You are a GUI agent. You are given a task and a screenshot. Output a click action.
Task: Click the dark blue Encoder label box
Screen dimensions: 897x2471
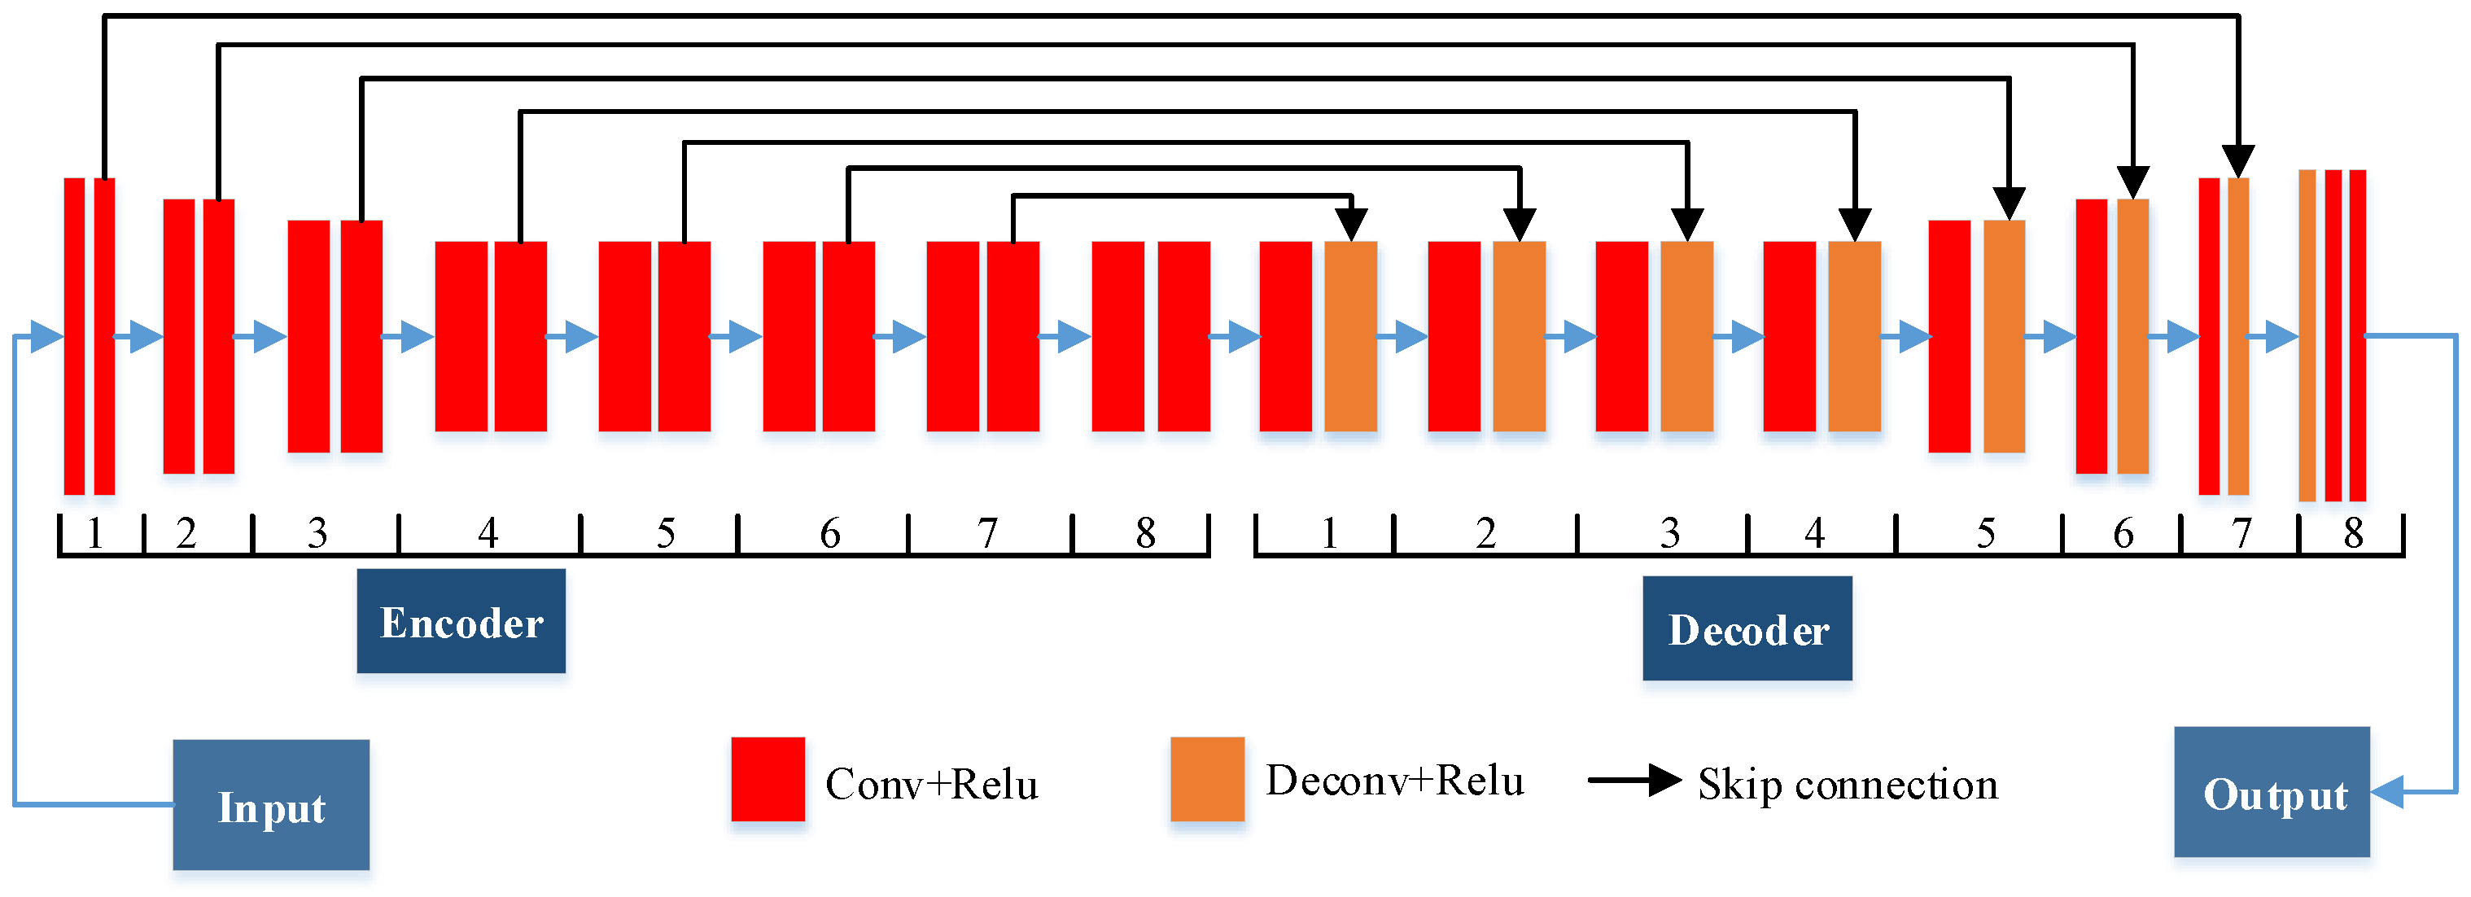[x=461, y=621]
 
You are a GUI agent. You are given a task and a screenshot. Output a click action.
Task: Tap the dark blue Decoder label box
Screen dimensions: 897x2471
[x=1747, y=628]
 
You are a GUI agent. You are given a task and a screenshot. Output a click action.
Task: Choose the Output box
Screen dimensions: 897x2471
[x=2272, y=793]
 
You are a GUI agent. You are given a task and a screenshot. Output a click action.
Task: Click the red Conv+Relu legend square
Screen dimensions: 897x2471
[x=768, y=779]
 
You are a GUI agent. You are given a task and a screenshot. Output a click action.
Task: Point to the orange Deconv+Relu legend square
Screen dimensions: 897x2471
[x=1207, y=779]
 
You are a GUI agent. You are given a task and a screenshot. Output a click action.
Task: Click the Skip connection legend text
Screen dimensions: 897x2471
[x=1848, y=785]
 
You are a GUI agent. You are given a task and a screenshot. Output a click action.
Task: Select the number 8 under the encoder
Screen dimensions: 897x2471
[x=1145, y=533]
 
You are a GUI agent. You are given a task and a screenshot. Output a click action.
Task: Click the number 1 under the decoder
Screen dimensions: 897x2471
[x=1328, y=533]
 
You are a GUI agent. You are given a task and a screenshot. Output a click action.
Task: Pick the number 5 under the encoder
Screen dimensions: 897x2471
[x=666, y=533]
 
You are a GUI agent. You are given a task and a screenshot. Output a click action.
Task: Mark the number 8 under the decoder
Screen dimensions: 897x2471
[x=2353, y=533]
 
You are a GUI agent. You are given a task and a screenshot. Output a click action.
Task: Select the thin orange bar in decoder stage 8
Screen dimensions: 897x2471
[x=2307, y=336]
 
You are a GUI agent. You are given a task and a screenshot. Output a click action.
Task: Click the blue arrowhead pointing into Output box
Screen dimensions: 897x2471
[x=2386, y=793]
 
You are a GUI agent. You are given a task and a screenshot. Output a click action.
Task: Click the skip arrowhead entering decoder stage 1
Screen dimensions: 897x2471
[x=1350, y=225]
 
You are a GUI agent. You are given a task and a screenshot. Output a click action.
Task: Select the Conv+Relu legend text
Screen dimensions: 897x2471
[x=930, y=785]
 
